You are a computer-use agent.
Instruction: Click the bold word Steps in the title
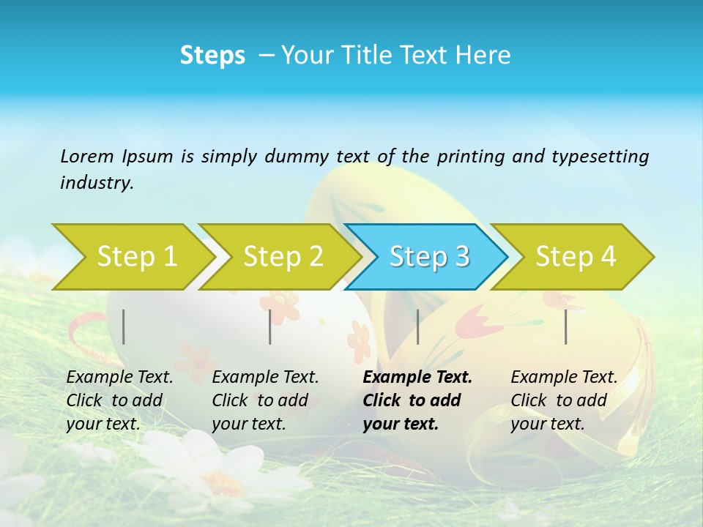pos(212,56)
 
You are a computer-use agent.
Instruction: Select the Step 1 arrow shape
pos(132,257)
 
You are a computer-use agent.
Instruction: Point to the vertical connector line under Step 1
pos(124,326)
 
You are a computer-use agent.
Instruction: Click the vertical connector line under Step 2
pos(270,326)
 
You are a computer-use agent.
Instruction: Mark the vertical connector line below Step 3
pos(417,326)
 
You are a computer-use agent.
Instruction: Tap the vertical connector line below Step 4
pos(566,326)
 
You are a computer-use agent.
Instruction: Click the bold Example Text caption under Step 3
pos(416,400)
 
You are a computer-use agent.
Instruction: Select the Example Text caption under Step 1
pos(119,400)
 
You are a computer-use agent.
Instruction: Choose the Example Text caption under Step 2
pos(265,400)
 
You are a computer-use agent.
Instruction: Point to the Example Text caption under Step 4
pos(563,400)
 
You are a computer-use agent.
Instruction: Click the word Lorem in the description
pos(87,157)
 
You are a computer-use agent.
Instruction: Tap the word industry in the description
pos(96,183)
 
